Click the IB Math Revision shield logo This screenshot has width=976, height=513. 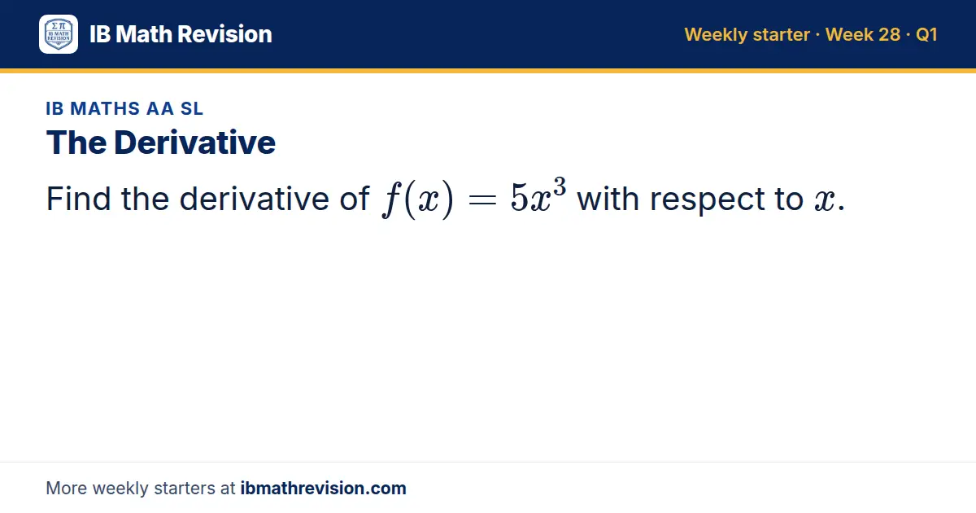(59, 34)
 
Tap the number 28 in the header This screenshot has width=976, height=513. (889, 34)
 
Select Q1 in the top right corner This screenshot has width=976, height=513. (926, 34)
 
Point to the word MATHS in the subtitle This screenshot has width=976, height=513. (105, 108)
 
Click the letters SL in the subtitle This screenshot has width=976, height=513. (192, 108)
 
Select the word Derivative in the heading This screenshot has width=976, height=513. (194, 142)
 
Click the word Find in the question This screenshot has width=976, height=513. (78, 199)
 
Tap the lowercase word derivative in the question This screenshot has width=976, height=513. (254, 199)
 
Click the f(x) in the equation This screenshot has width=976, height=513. (418, 199)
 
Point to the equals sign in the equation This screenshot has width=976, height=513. (481, 200)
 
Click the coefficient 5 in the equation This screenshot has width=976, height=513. (520, 198)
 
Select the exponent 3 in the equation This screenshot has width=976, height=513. (560, 186)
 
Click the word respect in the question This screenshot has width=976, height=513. (707, 200)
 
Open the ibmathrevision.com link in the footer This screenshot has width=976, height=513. (324, 488)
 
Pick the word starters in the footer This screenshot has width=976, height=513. (185, 489)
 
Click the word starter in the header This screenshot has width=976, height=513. (782, 35)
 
